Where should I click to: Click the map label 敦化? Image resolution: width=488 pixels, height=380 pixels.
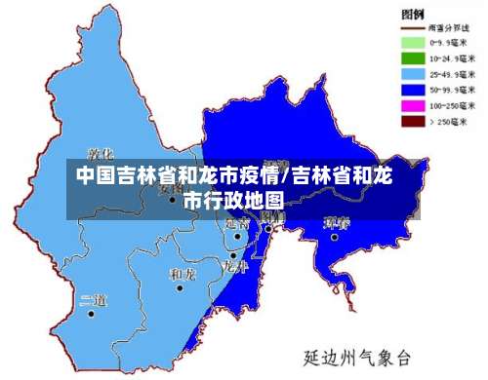pos(101,154)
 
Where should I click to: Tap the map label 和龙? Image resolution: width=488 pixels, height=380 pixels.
pos(183,274)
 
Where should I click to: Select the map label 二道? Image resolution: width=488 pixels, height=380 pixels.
pos(93,299)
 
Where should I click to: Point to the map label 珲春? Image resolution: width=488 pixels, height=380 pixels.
pos(337,222)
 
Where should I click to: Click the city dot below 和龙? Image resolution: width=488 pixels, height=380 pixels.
pos(180,287)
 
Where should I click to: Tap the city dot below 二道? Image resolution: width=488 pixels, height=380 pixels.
pos(91,314)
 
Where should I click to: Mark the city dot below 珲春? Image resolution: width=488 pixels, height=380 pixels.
pos(334,236)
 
